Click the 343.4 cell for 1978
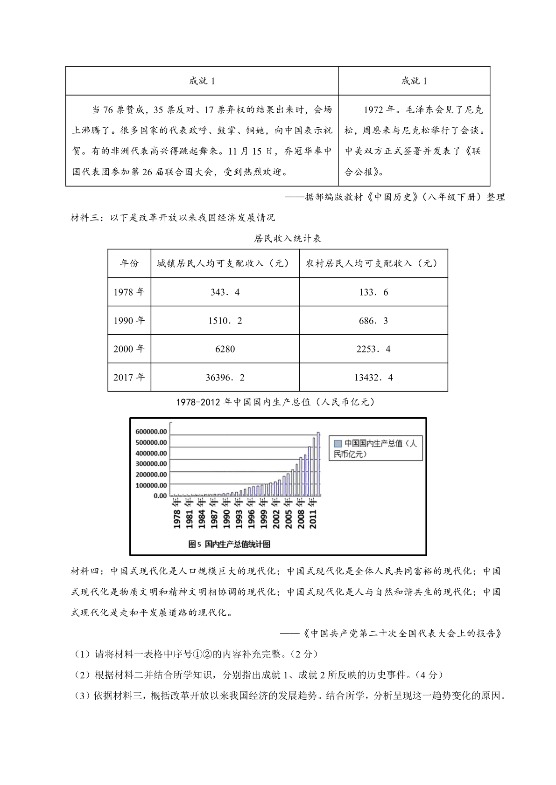pos(225,292)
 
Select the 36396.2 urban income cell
pos(225,378)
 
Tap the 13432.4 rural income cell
pos(373,378)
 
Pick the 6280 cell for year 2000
pos(225,349)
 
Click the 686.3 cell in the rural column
pos(373,321)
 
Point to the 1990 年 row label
pos(129,321)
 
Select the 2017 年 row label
pos(129,378)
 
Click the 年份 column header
pos(129,263)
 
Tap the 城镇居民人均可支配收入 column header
pos(223,263)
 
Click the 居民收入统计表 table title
pos(287,239)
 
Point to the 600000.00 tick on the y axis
pos(151,432)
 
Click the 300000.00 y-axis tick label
pos(151,464)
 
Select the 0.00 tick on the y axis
pos(160,496)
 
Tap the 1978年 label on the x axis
pos(177,513)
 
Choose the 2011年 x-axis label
pos(313,513)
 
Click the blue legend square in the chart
pos(338,443)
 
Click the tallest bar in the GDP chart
pos(318,464)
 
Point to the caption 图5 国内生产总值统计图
pos(229,544)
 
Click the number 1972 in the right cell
pos(373,110)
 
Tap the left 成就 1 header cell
pos(202,81)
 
